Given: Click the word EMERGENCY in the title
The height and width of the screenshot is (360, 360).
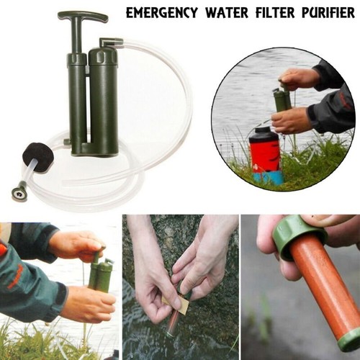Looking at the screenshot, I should click(x=160, y=12).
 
